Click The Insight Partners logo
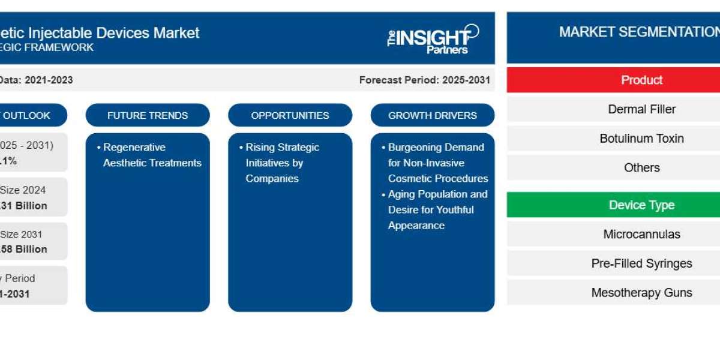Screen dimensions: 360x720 pos(433,40)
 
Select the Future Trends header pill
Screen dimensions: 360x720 pos(148,115)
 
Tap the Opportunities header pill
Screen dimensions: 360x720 pos(290,115)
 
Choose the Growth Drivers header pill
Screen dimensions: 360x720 pos(433,115)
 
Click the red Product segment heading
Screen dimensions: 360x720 pos(641,80)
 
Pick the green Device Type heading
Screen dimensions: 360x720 pos(641,205)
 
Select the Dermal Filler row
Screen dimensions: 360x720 pos(641,109)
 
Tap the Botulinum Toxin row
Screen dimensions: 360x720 pos(641,139)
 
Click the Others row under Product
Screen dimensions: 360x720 pos(641,167)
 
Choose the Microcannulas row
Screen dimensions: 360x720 pos(641,234)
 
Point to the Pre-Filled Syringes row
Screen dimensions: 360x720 pos(641,263)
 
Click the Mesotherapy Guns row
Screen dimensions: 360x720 pos(641,293)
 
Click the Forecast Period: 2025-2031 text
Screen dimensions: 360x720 pos(424,80)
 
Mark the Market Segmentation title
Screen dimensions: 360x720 pos(639,32)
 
